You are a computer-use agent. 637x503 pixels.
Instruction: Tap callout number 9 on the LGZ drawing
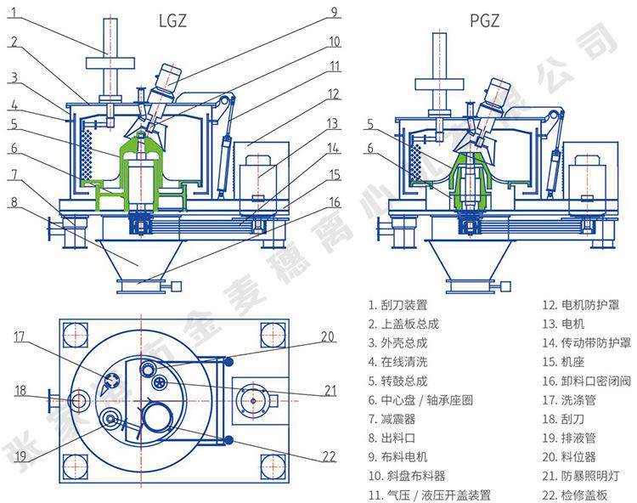tap(334, 12)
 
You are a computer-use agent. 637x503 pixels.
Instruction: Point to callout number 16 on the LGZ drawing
tap(334, 202)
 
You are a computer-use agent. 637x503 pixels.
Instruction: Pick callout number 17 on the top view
tap(19, 336)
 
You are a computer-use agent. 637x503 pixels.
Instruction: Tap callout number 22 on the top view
tap(330, 456)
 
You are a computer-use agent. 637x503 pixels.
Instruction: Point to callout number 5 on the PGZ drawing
tap(369, 124)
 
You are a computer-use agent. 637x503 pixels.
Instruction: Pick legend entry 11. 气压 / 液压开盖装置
tap(429, 495)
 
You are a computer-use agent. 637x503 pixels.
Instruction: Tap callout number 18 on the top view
tap(19, 391)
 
